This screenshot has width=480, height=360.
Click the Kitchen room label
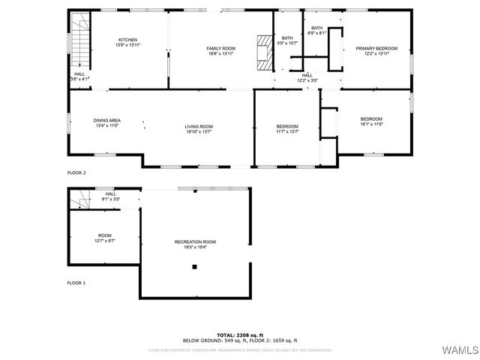[128, 42]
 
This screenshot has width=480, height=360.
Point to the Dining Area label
[107, 123]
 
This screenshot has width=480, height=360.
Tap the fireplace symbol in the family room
[264, 52]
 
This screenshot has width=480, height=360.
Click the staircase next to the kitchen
[79, 37]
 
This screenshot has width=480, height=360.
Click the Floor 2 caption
[76, 173]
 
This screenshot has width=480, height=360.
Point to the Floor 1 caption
[76, 283]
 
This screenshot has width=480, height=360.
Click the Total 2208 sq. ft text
[240, 334]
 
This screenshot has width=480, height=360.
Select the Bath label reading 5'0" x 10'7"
[287, 40]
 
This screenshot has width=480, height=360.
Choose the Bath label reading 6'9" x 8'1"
[316, 31]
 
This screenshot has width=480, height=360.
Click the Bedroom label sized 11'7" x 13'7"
[287, 128]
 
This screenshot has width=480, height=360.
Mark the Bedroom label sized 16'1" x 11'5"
[371, 121]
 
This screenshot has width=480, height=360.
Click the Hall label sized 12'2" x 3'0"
[307, 77]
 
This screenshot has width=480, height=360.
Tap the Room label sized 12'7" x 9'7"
[104, 238]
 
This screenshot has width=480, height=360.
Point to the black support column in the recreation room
[194, 266]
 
